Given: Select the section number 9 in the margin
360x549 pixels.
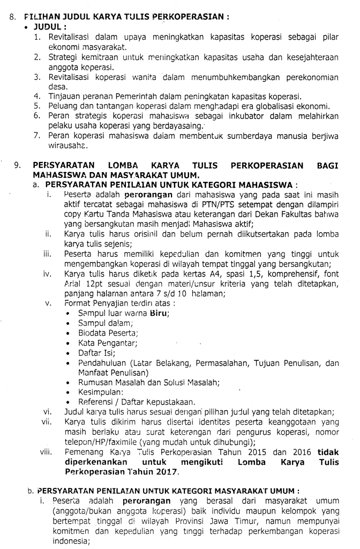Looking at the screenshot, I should pos(18,165).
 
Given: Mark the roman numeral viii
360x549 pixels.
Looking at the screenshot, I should pos(46,452).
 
